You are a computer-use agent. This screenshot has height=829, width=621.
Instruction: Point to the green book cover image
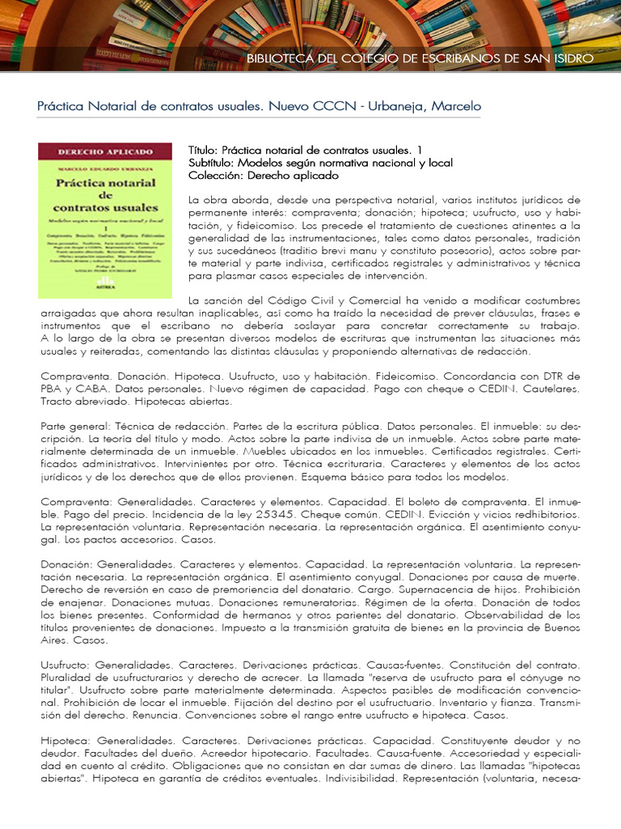[x=105, y=219]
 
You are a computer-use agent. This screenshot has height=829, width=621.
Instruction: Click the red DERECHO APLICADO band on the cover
[x=105, y=151]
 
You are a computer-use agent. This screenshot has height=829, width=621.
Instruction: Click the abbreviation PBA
[x=53, y=389]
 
